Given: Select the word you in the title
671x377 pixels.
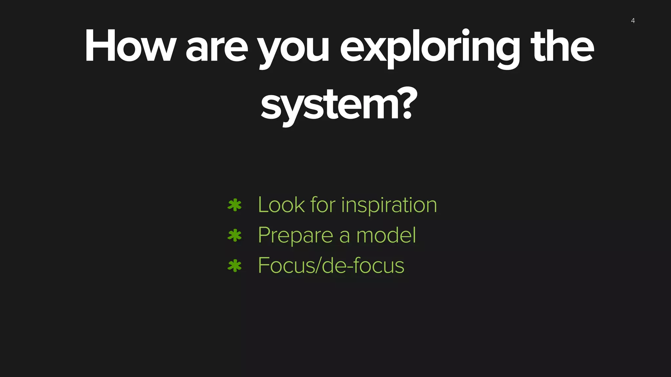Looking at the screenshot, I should click(x=293, y=50).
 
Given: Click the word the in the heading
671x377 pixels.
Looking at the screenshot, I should click(x=562, y=46).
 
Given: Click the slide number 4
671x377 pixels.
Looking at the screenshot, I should click(x=633, y=21).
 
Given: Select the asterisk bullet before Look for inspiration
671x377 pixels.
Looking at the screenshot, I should click(x=235, y=205).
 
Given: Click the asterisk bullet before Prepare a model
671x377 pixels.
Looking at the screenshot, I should click(x=235, y=235).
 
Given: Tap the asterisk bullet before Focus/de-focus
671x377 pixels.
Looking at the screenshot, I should click(x=235, y=266).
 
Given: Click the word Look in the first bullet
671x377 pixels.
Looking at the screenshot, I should click(x=281, y=205).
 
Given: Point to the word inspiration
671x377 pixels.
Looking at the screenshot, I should click(x=389, y=206).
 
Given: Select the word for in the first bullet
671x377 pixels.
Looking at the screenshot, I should click(x=323, y=205).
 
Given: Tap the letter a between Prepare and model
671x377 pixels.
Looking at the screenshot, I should click(x=344, y=237).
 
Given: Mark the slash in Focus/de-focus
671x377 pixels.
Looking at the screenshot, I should click(x=316, y=265).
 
